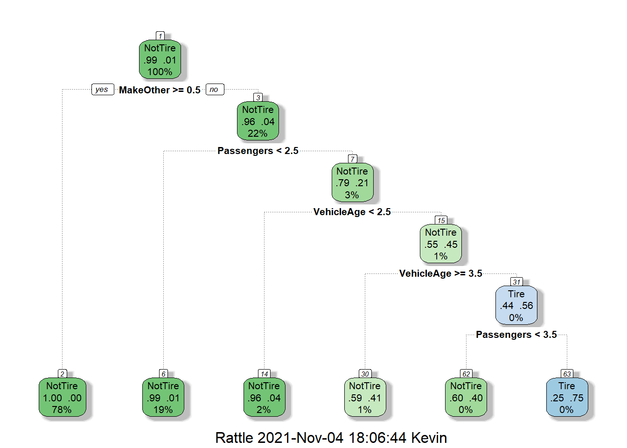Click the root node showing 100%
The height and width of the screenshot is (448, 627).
point(160,60)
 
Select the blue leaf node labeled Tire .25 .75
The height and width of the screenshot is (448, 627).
point(567,398)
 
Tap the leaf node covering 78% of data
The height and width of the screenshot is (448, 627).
point(62,398)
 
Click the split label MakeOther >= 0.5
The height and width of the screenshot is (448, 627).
point(160,90)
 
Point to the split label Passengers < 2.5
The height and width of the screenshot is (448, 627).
point(258,151)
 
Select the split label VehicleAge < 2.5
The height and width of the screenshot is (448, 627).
point(352,212)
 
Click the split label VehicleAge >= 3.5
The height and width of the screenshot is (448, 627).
point(441,273)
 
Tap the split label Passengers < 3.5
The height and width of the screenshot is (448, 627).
point(516,335)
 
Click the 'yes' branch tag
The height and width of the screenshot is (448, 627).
point(102,90)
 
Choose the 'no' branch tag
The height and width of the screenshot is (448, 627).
point(214,90)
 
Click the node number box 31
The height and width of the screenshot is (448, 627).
point(516,282)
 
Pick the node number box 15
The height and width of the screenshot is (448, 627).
point(441,220)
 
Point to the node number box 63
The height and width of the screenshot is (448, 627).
point(567,374)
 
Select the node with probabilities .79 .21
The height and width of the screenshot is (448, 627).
point(352,183)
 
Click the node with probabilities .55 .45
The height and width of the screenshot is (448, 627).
point(441,244)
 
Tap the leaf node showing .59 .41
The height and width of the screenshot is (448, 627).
point(365,398)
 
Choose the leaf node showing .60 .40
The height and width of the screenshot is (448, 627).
point(466,398)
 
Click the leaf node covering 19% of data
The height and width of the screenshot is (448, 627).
point(163,398)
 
